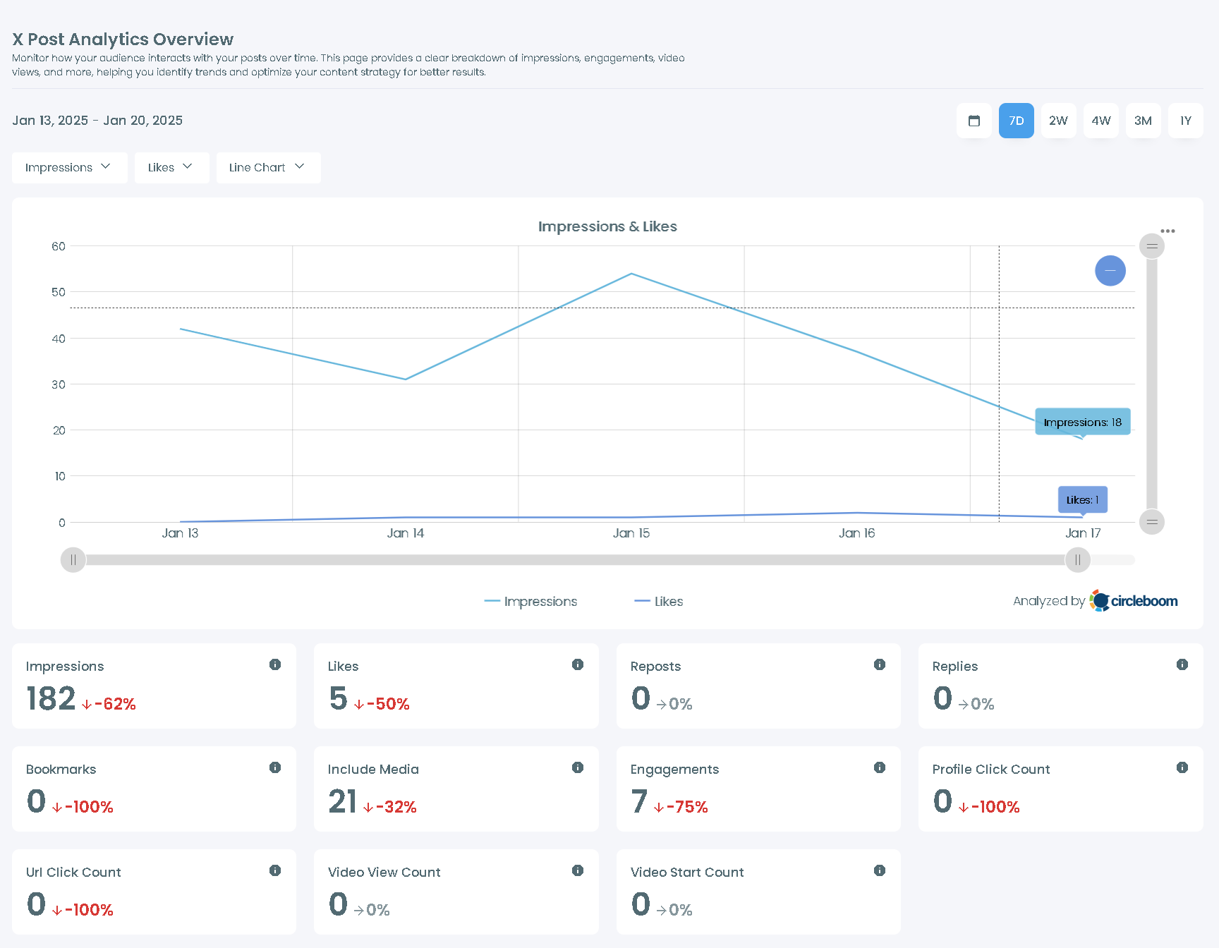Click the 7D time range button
(1016, 121)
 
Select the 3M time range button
(1143, 121)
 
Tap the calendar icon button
(974, 121)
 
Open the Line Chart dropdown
(268, 168)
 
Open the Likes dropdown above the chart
(171, 168)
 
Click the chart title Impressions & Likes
(607, 226)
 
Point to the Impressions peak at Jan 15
(631, 274)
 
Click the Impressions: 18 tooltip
(1082, 422)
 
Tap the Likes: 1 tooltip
(1082, 499)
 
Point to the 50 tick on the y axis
(59, 292)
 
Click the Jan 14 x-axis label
(405, 533)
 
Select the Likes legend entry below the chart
(659, 602)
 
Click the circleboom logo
(1134, 601)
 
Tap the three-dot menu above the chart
(1168, 231)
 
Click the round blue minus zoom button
(1110, 271)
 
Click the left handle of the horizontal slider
(73, 560)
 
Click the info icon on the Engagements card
(880, 767)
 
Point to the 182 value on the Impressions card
(51, 699)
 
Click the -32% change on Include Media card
(390, 807)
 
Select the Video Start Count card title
(686, 873)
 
